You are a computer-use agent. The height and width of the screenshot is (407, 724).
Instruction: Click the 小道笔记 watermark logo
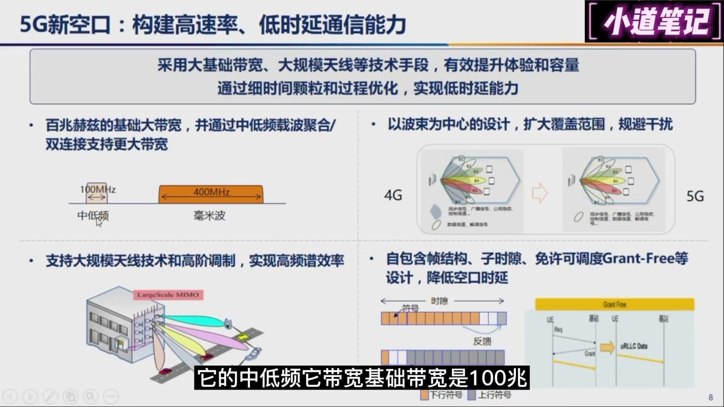coord(655,22)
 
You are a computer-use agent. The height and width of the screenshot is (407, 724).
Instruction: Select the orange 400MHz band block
coord(211,194)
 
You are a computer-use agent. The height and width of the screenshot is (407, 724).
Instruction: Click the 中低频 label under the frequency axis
coord(93,215)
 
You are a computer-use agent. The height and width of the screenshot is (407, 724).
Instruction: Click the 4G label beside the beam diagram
coord(393,196)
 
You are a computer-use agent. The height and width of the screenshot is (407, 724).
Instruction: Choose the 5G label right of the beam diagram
coord(695,196)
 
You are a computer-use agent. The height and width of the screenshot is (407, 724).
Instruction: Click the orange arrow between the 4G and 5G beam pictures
coord(540,194)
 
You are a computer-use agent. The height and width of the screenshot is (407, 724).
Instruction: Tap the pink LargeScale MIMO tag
coord(169,295)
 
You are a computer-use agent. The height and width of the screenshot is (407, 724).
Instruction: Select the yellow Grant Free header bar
coord(614,305)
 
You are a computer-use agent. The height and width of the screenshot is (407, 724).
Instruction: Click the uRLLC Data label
coord(633,346)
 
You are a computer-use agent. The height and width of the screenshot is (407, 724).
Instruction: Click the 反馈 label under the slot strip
coord(482,341)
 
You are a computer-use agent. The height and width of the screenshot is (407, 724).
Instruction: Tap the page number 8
coord(710,397)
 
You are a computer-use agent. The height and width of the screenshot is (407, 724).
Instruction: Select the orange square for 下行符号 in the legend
coord(424,395)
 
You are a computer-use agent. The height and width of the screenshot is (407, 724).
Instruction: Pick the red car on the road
coord(165,371)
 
